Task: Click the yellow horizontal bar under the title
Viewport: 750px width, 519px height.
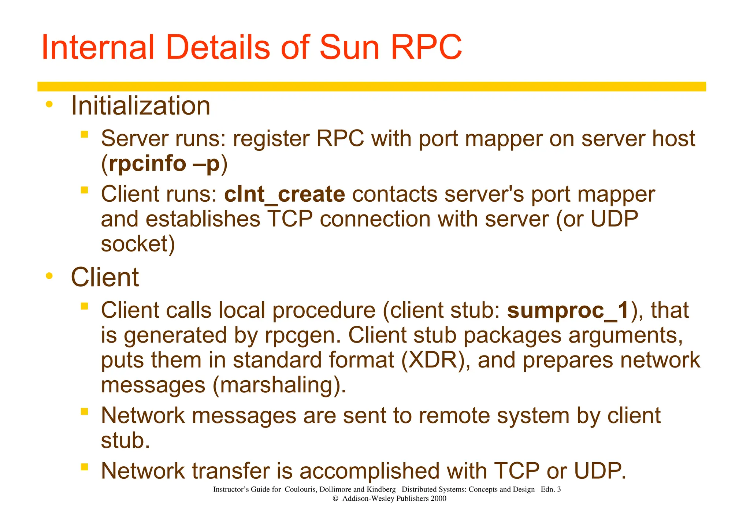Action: pos(371,86)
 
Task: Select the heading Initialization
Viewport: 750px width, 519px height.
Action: pos(140,106)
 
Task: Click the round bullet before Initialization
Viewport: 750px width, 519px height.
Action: pos(49,105)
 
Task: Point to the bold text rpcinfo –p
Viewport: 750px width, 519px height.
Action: pos(164,163)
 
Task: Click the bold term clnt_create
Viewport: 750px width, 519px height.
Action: pos(284,194)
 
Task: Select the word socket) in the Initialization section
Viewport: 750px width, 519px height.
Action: pos(138,244)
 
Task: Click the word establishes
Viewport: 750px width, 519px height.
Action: pos(203,219)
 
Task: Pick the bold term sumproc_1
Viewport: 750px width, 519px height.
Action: pos(568,310)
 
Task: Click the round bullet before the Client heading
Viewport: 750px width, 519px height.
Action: pos(49,276)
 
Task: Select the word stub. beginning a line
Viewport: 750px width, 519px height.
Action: pos(125,440)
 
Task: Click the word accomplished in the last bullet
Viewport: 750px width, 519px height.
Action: pos(369,471)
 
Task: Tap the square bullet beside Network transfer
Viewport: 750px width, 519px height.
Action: pos(85,467)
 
